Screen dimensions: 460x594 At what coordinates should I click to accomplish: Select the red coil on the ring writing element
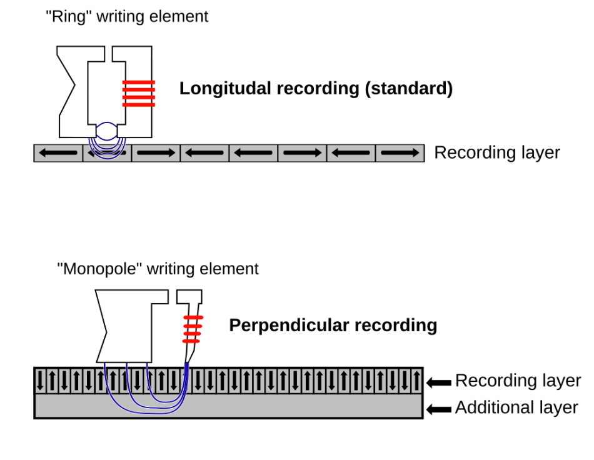pyautogui.click(x=138, y=94)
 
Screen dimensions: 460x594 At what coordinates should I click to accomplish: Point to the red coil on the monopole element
pyautogui.click(x=193, y=329)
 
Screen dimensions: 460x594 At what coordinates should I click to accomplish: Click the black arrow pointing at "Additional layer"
pyautogui.click(x=439, y=409)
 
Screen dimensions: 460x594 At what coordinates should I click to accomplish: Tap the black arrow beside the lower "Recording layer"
pyautogui.click(x=439, y=382)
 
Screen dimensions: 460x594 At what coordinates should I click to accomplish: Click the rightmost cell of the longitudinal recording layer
pyautogui.click(x=400, y=153)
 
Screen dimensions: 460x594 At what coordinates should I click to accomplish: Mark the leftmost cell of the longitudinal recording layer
pyautogui.click(x=58, y=153)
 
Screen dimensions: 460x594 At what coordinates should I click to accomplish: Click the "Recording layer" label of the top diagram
pyautogui.click(x=497, y=152)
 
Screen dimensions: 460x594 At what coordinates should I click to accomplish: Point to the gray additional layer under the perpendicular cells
pyautogui.click(x=281, y=406)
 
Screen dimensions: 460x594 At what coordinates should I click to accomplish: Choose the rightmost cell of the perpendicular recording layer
pyautogui.click(x=416, y=380)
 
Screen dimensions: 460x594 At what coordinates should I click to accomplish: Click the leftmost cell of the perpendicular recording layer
pyautogui.click(x=41, y=380)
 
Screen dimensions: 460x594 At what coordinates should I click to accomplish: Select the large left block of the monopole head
pyautogui.click(x=125, y=325)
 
